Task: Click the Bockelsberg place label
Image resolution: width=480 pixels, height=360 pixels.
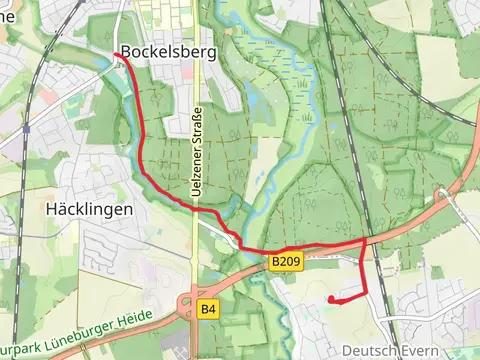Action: click(167, 52)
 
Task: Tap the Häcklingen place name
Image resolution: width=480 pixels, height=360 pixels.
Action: click(90, 210)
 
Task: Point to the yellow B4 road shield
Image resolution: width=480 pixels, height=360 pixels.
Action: click(207, 309)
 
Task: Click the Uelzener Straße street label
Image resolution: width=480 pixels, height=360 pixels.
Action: click(197, 151)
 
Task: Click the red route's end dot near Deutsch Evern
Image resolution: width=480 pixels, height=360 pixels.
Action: click(331, 299)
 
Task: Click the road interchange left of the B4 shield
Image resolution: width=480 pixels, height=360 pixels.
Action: click(185, 303)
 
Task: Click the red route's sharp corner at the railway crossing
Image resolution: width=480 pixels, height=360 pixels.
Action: click(364, 241)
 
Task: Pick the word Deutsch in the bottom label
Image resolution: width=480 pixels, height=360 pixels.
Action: click(365, 351)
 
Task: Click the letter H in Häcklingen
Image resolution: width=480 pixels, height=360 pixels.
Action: click(52, 210)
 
